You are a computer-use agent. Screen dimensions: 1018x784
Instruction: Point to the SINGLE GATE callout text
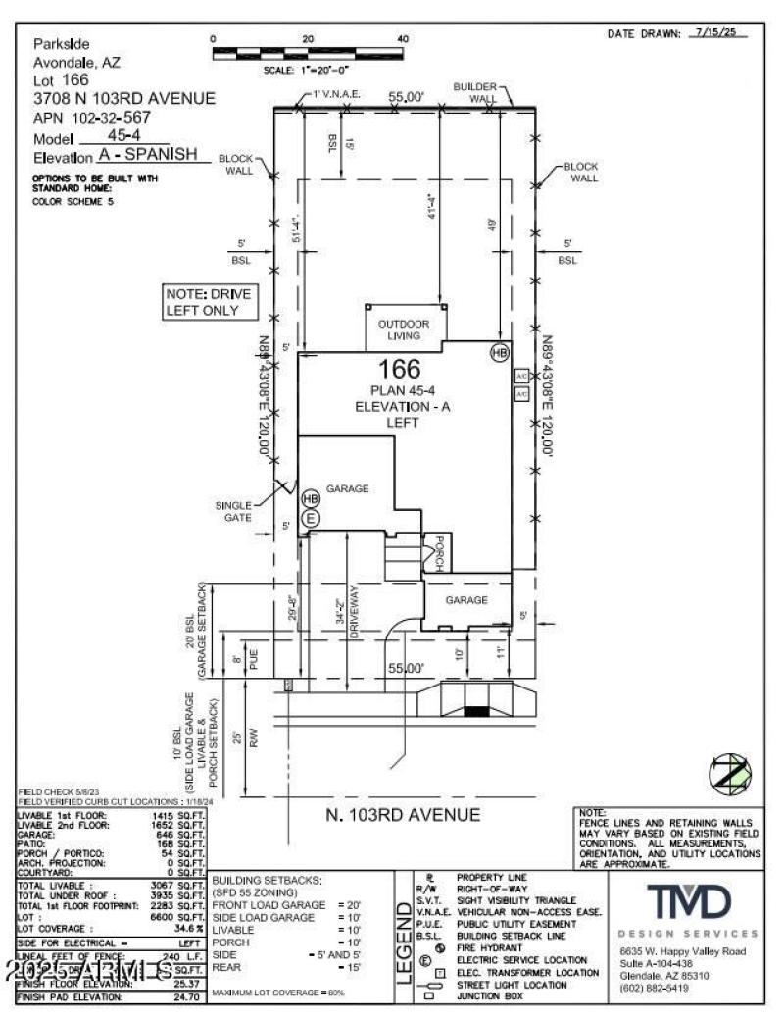234,512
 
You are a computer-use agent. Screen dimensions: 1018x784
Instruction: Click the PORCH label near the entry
439,553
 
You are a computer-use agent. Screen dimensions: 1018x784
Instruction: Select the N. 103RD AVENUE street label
403,815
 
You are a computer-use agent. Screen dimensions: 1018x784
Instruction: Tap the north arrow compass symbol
727,774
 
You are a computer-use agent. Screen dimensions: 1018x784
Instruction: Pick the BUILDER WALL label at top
474,92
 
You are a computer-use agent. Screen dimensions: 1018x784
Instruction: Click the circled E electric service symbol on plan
311,518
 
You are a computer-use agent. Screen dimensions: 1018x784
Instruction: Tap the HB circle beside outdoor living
500,351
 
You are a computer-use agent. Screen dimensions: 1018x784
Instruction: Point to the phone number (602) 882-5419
654,988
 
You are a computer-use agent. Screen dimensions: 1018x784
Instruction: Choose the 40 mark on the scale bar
402,39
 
